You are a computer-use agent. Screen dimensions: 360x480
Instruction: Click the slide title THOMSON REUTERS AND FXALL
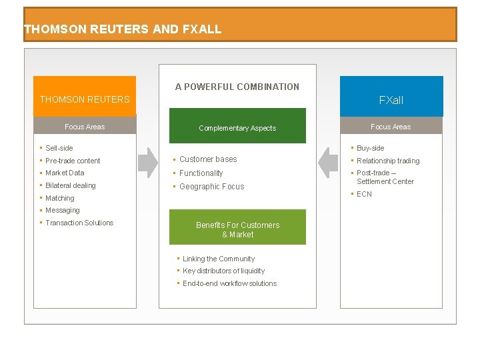[123, 29]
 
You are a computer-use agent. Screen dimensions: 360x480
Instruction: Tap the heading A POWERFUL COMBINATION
[237, 87]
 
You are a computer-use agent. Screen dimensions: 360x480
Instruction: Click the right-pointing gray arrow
[147, 162]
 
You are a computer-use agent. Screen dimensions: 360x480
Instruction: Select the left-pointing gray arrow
[328, 162]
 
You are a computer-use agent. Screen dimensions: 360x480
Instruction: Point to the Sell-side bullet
[59, 148]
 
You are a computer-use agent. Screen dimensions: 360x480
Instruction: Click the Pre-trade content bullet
[73, 161]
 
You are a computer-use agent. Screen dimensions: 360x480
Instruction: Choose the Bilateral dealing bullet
[71, 185]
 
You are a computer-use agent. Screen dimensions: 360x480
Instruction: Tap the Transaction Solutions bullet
[79, 223]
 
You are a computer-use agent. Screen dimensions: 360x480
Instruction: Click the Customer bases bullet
[208, 159]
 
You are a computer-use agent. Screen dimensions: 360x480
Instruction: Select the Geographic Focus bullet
[211, 187]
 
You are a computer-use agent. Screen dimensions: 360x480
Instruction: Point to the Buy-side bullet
[370, 148]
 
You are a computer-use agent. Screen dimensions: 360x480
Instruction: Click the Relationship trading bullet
[388, 161]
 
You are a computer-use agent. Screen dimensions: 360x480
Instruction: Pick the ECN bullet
[364, 194]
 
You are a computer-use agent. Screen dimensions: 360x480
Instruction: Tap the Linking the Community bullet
[219, 259]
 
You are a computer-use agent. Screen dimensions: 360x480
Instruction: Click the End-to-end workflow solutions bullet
[229, 283]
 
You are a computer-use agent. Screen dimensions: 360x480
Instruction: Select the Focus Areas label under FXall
[391, 127]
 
